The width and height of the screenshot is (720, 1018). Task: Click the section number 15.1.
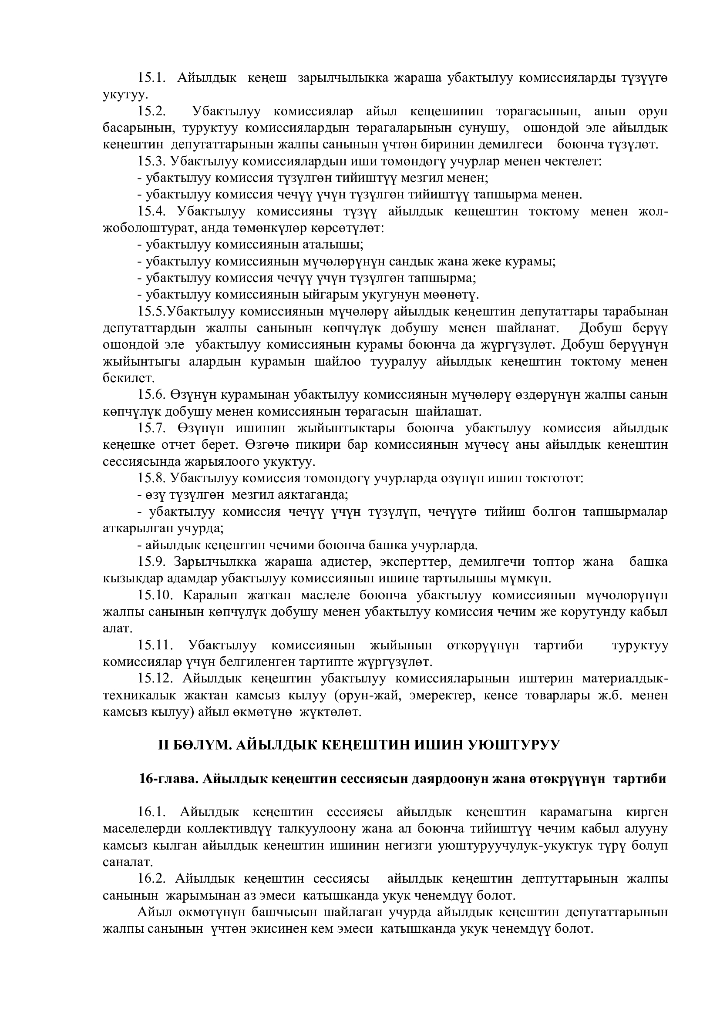tap(151, 78)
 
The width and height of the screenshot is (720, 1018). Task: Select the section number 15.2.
tap(151, 111)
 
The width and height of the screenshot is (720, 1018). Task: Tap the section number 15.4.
tap(151, 212)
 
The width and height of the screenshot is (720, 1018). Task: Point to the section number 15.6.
tap(151, 395)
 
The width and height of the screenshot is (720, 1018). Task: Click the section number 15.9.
tap(151, 562)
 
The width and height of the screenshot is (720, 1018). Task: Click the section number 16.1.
tap(151, 812)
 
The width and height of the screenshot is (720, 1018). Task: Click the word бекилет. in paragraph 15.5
tap(128, 378)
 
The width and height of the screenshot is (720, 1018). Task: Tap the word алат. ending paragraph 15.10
tap(118, 628)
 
